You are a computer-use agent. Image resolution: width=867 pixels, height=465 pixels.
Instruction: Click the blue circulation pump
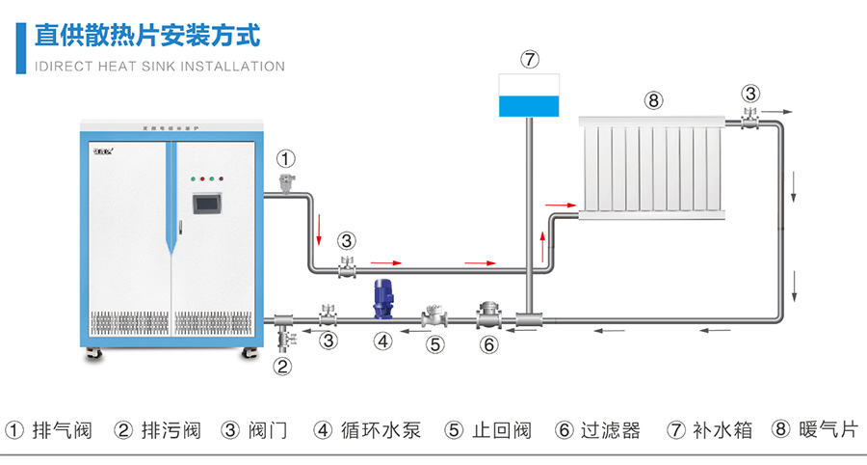coord(383,300)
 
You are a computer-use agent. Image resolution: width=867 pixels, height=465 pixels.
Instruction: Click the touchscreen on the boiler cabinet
coord(206,205)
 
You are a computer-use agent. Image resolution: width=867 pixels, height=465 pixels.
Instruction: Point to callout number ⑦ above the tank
coord(530,59)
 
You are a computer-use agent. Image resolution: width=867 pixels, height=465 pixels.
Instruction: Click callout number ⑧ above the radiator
coord(653,99)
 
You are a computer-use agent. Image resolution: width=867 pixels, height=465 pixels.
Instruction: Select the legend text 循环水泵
coord(381,429)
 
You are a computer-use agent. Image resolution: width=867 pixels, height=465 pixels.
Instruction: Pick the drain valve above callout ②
coord(283,338)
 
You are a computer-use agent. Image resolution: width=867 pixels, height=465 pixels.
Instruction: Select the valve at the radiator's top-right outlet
coord(750,117)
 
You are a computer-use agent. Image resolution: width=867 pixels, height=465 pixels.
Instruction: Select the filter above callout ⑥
coord(487,315)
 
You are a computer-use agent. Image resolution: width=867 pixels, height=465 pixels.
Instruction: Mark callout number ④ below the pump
coord(383,341)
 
